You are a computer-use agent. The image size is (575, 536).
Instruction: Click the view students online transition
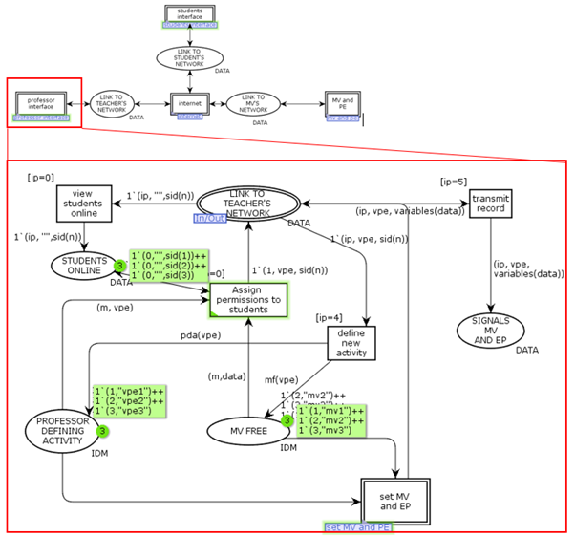point(83,202)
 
